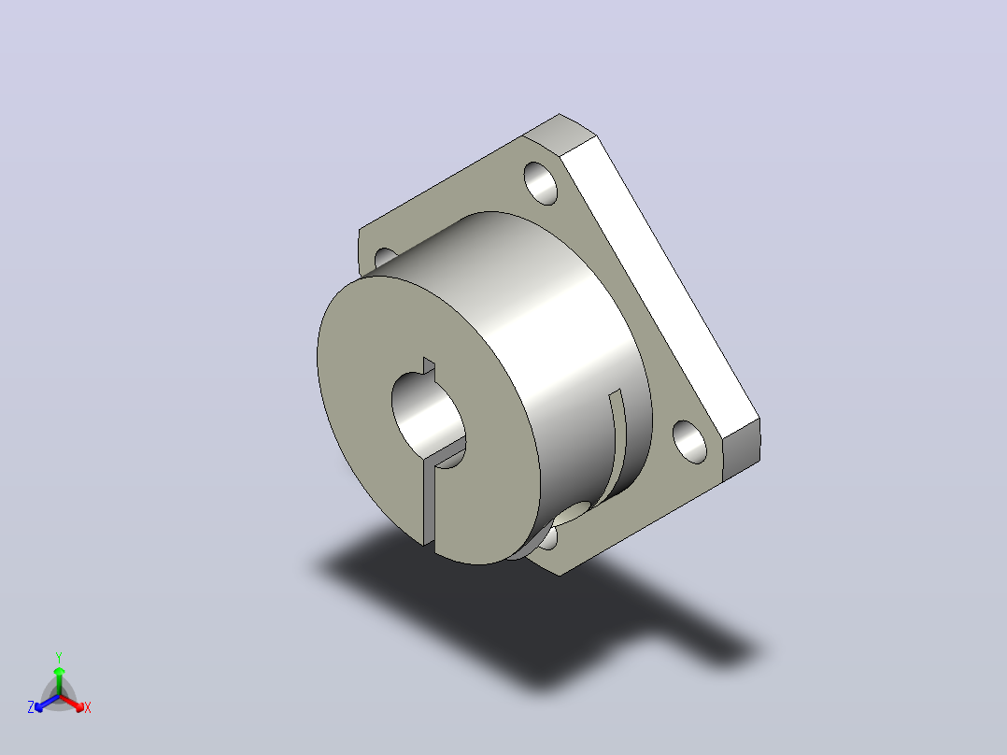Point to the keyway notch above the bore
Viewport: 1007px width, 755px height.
pos(429,365)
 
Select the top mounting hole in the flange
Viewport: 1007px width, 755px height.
pos(541,183)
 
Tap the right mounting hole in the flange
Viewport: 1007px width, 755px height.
pos(689,441)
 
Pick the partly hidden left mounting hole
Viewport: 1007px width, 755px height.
pos(385,257)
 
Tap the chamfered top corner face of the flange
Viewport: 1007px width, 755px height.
pos(560,134)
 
